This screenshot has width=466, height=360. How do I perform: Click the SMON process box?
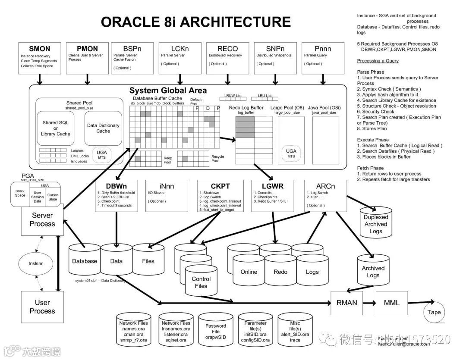click(40, 57)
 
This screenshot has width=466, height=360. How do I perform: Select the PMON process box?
click(87, 57)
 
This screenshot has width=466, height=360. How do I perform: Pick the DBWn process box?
click(116, 195)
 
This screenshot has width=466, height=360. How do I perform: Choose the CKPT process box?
click(220, 195)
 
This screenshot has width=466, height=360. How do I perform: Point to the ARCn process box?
click(326, 195)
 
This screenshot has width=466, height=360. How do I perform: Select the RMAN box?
click(346, 302)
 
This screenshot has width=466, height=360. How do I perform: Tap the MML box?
click(391, 302)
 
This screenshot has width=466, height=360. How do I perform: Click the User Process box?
click(42, 307)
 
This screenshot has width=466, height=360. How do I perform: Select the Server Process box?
click(42, 219)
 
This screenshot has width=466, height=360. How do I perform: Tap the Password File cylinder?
click(216, 331)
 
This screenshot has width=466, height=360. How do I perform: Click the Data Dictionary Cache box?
click(103, 128)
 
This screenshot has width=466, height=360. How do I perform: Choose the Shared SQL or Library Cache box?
click(56, 128)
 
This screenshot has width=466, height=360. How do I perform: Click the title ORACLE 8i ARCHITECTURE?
click(195, 22)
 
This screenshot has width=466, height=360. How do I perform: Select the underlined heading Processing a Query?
click(378, 61)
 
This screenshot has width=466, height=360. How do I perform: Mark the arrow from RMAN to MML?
click(367, 302)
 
